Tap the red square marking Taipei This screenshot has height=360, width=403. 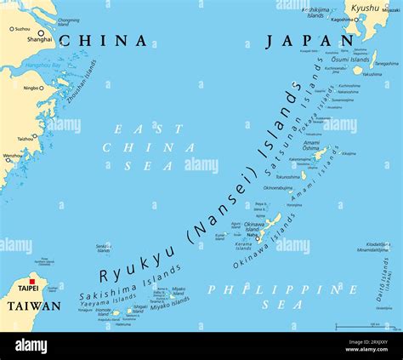[x=32, y=282]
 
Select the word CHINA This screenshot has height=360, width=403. [x=103, y=41]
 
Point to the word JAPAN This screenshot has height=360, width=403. [x=309, y=41]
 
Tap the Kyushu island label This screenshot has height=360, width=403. [x=365, y=8]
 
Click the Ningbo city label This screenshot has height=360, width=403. [x=31, y=88]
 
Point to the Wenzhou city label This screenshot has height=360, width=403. [x=13, y=156]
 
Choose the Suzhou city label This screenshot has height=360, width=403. [x=19, y=28]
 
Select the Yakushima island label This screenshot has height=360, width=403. [x=372, y=74]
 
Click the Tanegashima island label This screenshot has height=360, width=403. [x=387, y=63]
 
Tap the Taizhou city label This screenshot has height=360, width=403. [x=26, y=138]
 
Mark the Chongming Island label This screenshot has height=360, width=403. [x=68, y=21]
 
